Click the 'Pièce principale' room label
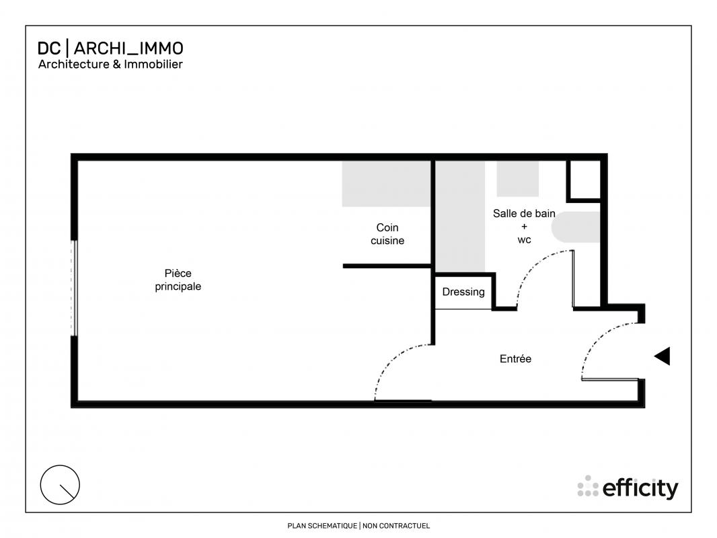[178, 280]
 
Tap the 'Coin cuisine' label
[387, 234]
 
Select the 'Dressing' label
[463, 292]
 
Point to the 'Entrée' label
[515, 359]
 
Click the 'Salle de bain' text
[524, 213]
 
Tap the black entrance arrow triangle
[662, 356]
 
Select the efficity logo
[628, 488]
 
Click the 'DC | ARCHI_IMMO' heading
[110, 48]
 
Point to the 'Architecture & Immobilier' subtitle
[110, 65]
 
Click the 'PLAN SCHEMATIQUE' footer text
[322, 526]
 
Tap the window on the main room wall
[73, 288]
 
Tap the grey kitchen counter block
[386, 184]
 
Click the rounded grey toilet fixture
[576, 227]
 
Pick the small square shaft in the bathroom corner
[584, 180]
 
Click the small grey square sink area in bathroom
[518, 179]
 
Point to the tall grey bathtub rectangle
[460, 217]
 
